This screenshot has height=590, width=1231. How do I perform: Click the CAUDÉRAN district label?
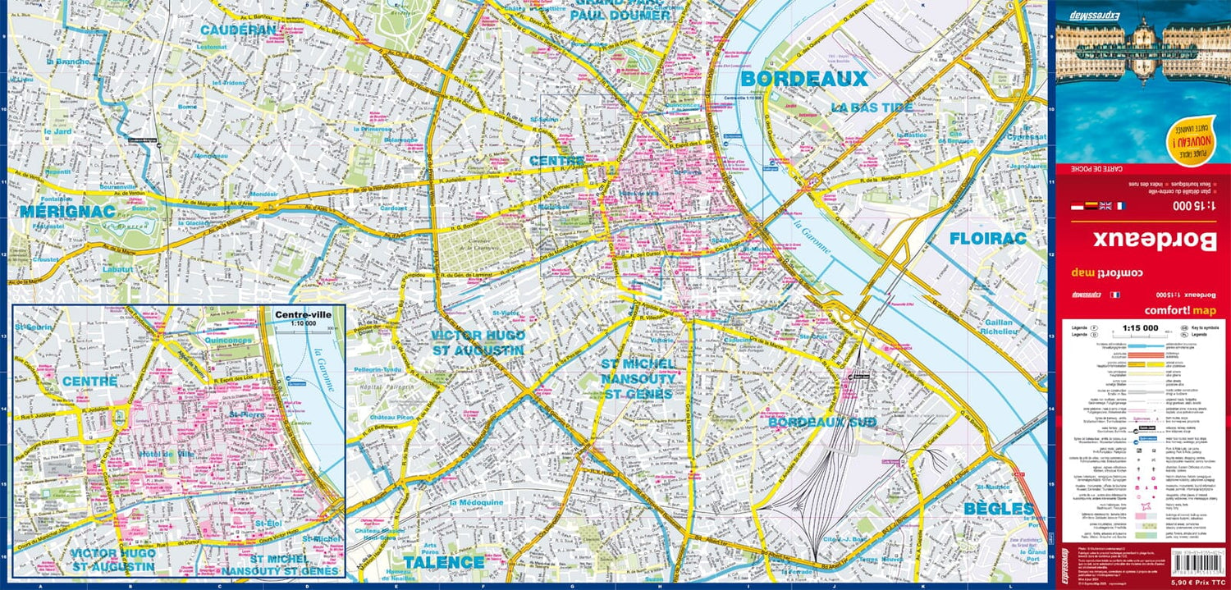(x=226, y=30)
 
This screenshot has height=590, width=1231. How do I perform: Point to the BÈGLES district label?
(x=997, y=509)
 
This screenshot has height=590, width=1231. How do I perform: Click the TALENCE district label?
(x=443, y=562)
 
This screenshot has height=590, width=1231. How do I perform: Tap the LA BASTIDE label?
(x=872, y=107)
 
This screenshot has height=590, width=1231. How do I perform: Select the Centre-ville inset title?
(x=303, y=314)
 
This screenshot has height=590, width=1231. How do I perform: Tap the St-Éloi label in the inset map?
(x=268, y=523)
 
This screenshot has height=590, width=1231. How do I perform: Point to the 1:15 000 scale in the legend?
(x=1140, y=328)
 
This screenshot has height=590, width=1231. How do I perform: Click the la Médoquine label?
(x=477, y=502)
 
